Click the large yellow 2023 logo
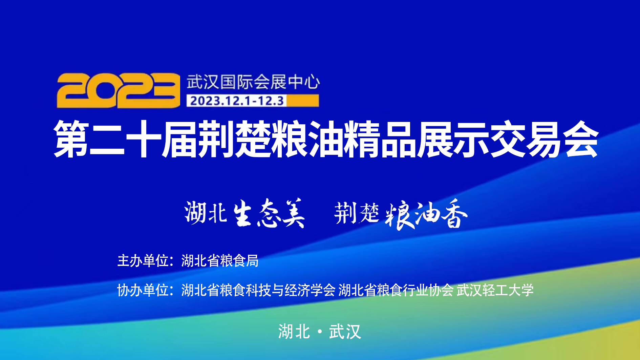point(118,90)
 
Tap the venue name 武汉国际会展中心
point(253,82)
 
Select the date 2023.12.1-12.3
point(237,101)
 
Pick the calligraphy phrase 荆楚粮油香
point(401,214)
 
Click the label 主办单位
point(143,261)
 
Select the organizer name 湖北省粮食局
point(220,261)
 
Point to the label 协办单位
point(143,290)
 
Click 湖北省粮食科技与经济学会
point(258,290)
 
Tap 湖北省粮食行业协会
point(396,290)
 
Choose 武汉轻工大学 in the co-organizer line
point(495,290)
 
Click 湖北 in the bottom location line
point(294,332)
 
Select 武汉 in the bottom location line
point(345,332)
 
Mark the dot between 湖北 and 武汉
point(320,332)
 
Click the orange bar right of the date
point(302,101)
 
